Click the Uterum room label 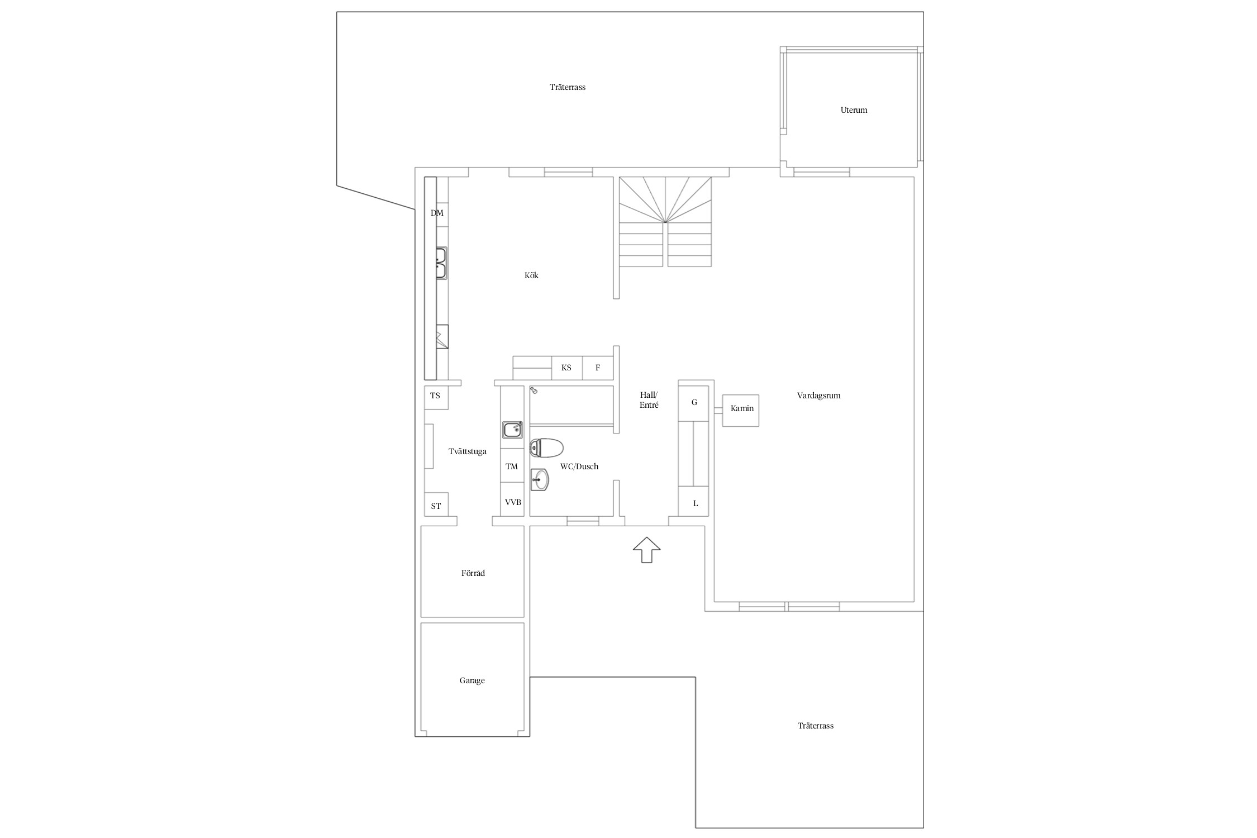coord(854,110)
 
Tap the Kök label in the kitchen coord(531,275)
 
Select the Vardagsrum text coord(818,396)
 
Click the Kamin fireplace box coord(740,411)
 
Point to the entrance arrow coord(646,550)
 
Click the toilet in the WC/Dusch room coord(546,447)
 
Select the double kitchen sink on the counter coord(441,263)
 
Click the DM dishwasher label coord(437,213)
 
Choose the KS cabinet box coord(567,368)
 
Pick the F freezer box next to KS coord(598,368)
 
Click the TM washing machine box coord(512,466)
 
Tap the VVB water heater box coord(512,502)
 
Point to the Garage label coord(472,680)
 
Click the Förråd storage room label coord(473,573)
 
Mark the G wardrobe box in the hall coord(693,402)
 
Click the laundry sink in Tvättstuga coord(512,430)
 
